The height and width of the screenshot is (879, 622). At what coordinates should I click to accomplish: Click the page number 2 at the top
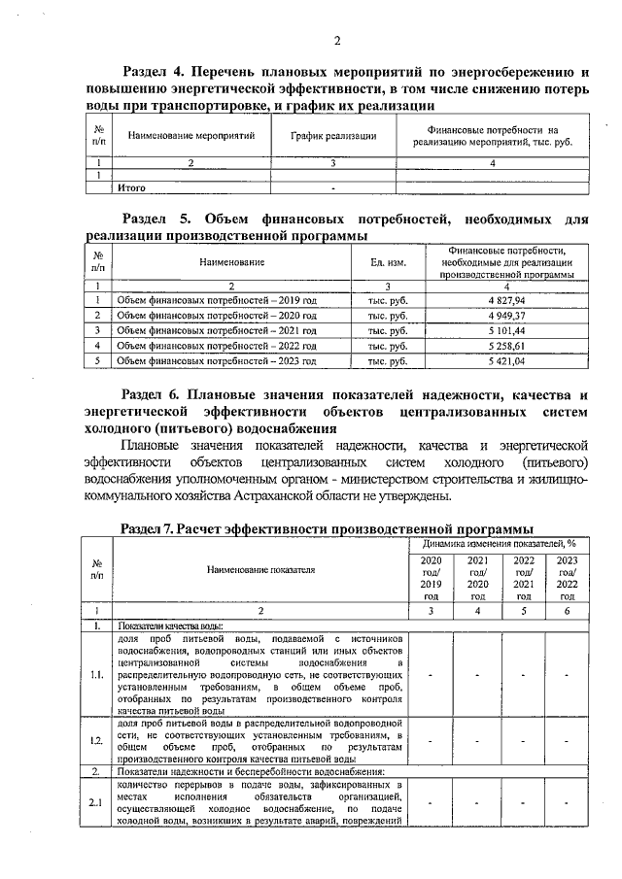tap(336, 40)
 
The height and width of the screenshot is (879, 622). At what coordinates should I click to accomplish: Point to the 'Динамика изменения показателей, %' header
tap(500, 544)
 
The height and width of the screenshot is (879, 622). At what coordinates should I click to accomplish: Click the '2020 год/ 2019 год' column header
tap(431, 579)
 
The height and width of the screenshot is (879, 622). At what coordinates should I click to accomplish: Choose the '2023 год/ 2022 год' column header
tap(568, 579)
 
